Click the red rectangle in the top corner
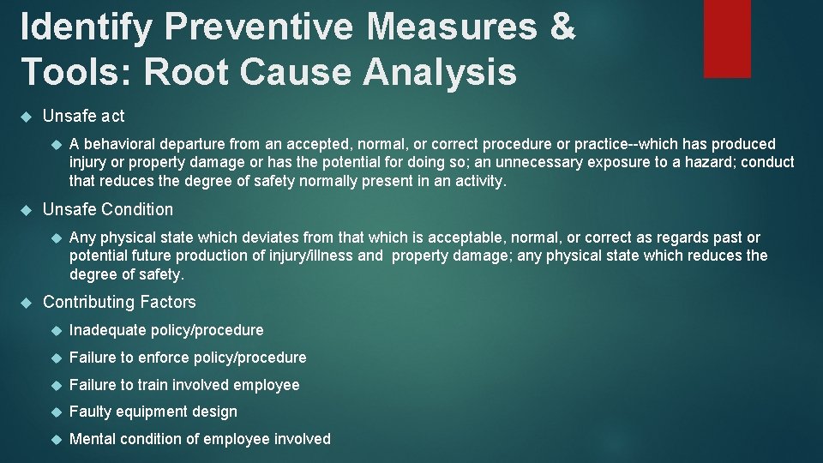point(727,38)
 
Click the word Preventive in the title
point(258,27)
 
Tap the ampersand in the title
point(561,27)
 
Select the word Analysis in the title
point(440,72)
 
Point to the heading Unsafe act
point(83,116)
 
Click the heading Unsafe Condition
point(107,209)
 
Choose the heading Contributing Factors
point(119,302)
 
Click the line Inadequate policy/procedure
point(166,330)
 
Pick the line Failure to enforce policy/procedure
point(187,358)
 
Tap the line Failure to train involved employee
point(184,385)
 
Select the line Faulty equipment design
point(153,412)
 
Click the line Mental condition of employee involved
point(199,439)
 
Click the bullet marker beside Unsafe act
point(26,117)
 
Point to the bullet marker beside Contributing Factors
point(26,303)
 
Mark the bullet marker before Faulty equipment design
point(53,412)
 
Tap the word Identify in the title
point(86,27)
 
